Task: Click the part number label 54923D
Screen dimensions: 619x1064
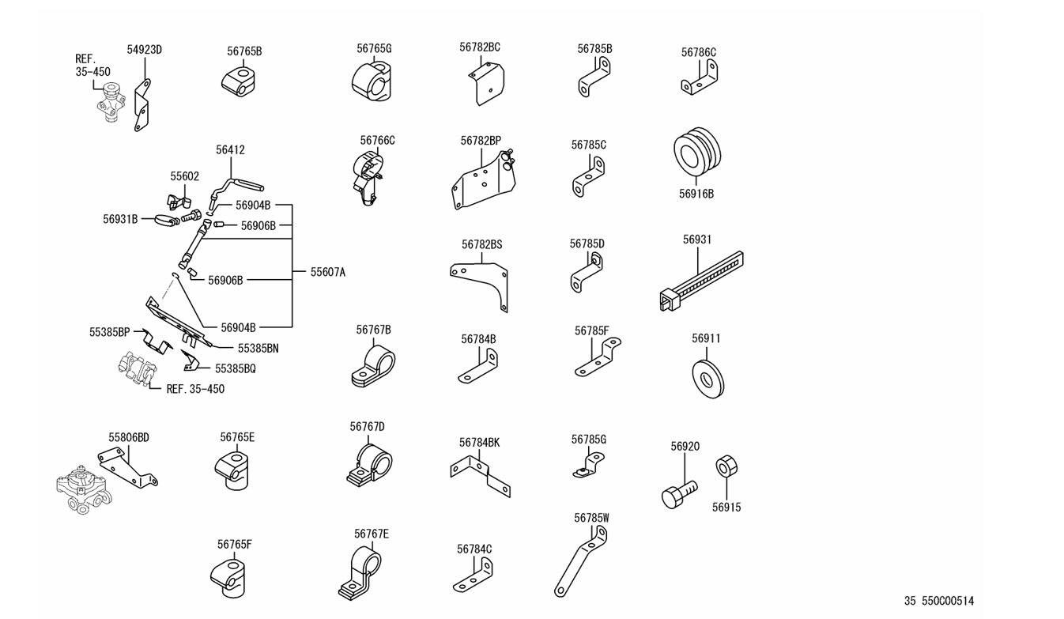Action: [x=144, y=50]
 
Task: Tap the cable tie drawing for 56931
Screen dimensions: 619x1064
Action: [x=700, y=280]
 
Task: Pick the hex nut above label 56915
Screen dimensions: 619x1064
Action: [x=726, y=466]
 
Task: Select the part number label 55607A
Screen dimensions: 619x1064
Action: [x=327, y=272]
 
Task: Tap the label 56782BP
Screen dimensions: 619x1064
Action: [x=481, y=141]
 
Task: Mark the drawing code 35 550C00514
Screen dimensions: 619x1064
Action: [x=939, y=602]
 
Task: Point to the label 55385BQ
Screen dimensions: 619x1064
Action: [x=236, y=368]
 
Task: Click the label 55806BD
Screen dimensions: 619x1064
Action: [x=129, y=437]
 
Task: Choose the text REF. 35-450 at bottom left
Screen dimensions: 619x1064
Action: [x=195, y=389]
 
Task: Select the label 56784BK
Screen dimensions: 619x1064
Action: [x=479, y=443]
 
